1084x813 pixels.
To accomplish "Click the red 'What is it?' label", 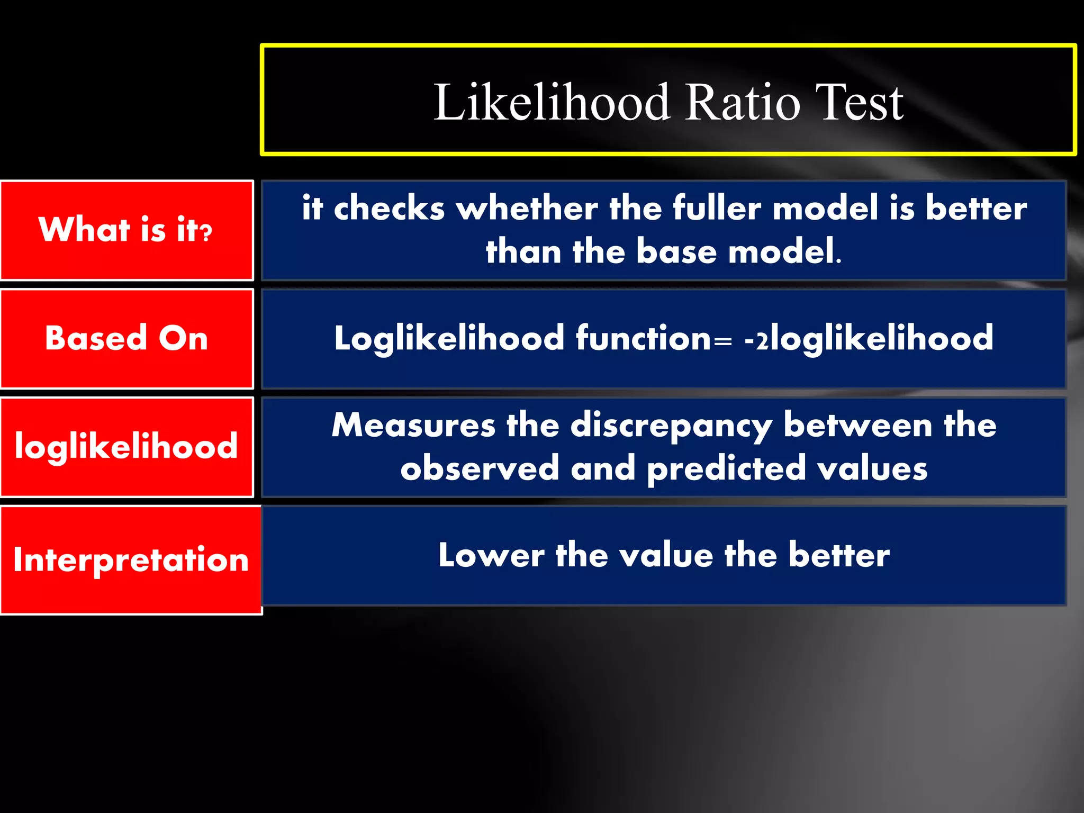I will [126, 230].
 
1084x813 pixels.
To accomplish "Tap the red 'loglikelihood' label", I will [126, 446].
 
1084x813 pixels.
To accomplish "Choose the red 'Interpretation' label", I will [131, 559].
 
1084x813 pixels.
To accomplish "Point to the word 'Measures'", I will [413, 425].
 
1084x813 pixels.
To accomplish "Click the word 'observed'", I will [480, 468].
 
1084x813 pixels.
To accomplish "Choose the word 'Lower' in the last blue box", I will [491, 555].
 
